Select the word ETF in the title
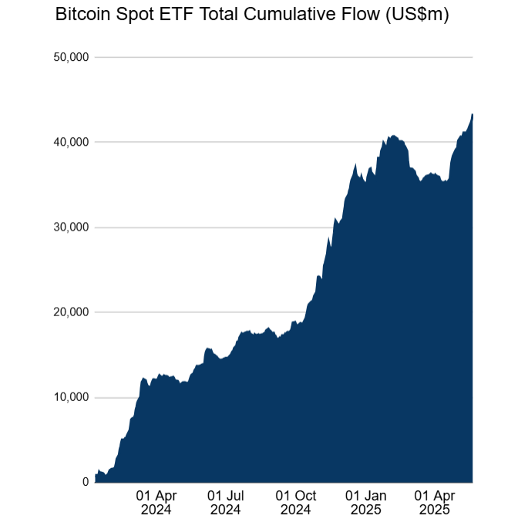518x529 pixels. pyautogui.click(x=174, y=15)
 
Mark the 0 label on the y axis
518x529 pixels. pyautogui.click(x=86, y=482)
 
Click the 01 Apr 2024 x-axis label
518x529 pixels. pyautogui.click(x=157, y=502)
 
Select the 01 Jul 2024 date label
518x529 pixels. pyautogui.click(x=226, y=502)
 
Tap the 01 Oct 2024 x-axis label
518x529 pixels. pyautogui.click(x=295, y=502)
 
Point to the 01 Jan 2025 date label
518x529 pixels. pyautogui.click(x=365, y=502)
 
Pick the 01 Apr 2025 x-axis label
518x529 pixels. pyautogui.click(x=434, y=502)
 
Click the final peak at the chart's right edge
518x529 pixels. pyautogui.click(x=472, y=115)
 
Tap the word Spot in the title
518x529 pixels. pyautogui.click(x=133, y=15)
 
